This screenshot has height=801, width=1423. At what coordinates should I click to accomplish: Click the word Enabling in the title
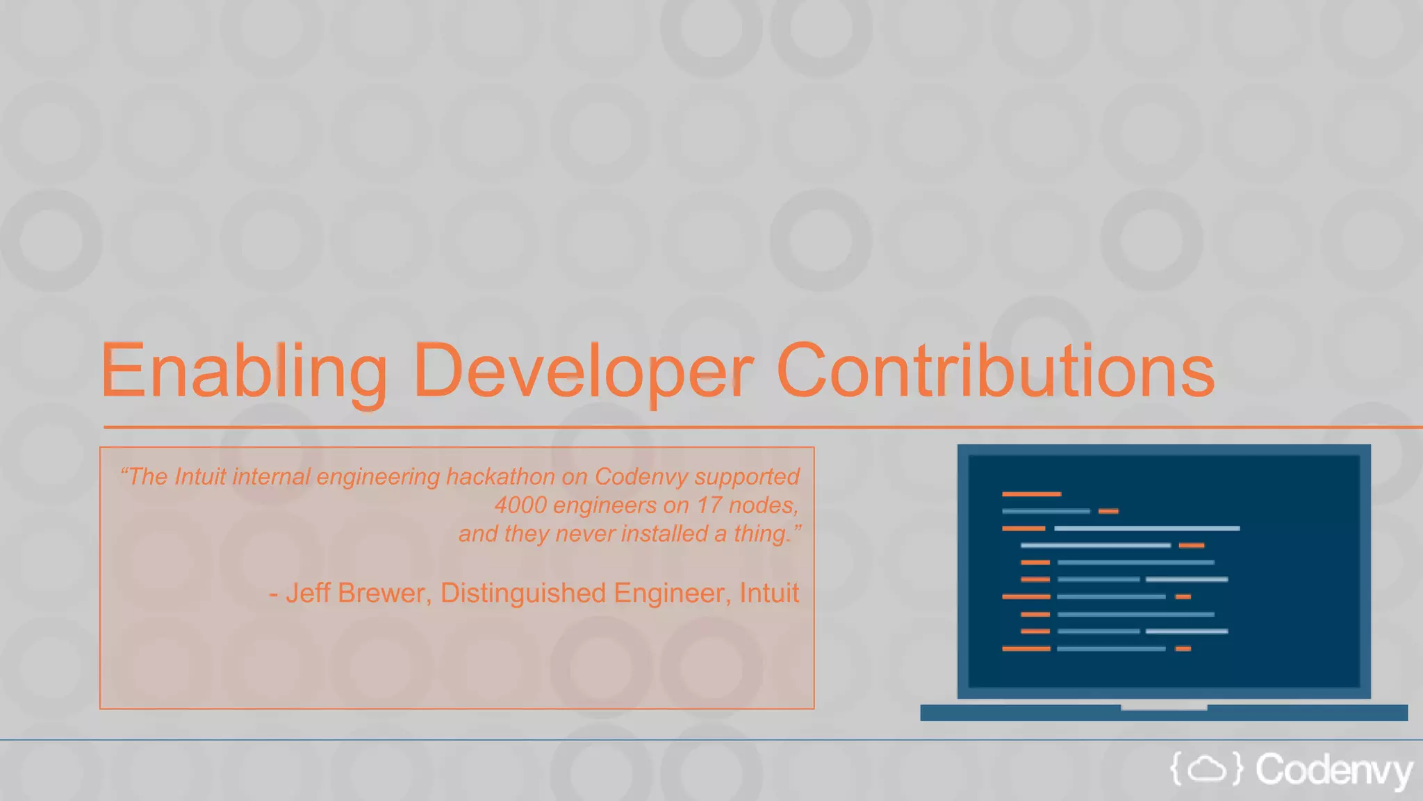tap(243, 372)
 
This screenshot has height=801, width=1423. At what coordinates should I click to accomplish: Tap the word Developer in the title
tap(582, 372)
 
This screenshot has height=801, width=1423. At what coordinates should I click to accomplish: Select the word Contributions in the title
tap(995, 372)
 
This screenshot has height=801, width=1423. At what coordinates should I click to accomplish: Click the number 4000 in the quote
tap(520, 505)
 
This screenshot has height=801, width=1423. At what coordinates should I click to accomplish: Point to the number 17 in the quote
tap(709, 505)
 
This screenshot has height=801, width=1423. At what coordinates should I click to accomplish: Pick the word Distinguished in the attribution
tap(523, 593)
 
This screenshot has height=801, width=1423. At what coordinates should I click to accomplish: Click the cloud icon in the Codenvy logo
tap(1206, 769)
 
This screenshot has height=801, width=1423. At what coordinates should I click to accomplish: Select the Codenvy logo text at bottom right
tap(1334, 770)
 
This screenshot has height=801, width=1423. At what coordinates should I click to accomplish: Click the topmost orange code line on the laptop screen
tap(1031, 494)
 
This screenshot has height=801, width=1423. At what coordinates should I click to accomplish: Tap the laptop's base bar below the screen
tap(1164, 713)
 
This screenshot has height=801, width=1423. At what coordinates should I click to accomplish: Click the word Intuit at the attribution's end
tap(769, 593)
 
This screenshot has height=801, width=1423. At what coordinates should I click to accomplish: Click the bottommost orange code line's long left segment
tap(1026, 649)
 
